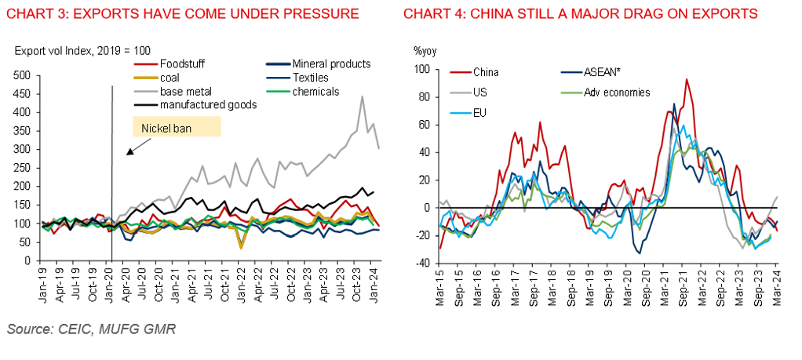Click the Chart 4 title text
tap(580, 13)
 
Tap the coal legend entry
tap(172, 78)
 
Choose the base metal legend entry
tap(186, 91)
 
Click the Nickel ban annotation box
tap(176, 127)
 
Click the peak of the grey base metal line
tap(362, 97)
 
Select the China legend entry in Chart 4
tap(486, 72)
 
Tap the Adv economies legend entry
tap(617, 93)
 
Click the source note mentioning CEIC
tap(91, 329)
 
